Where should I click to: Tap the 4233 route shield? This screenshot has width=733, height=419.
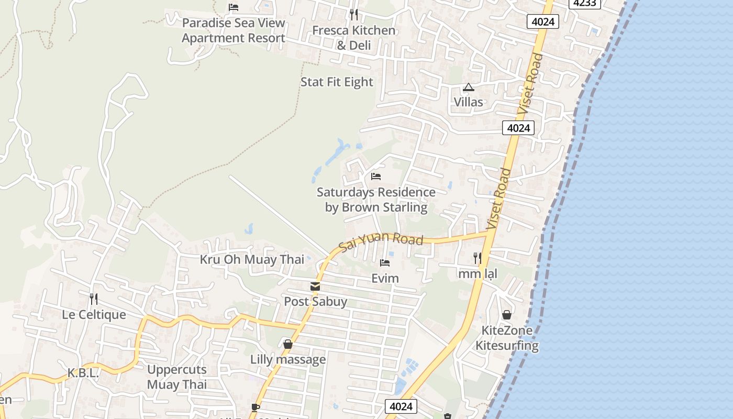[584, 3]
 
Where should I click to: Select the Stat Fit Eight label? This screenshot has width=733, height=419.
[337, 82]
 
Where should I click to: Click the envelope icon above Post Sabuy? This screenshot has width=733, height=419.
[315, 286]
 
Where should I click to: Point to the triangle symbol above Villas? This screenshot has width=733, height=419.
[468, 87]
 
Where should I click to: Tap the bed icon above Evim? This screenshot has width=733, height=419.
[385, 263]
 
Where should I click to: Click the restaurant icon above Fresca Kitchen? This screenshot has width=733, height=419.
[354, 14]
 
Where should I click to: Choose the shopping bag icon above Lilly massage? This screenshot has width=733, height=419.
[287, 344]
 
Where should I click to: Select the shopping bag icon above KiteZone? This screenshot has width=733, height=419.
[506, 315]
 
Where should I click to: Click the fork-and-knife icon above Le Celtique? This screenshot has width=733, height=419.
[94, 299]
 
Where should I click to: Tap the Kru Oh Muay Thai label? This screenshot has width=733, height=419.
[252, 260]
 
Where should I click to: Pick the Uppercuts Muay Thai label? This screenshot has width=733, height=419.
[177, 377]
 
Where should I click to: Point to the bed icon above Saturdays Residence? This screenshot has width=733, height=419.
[375, 177]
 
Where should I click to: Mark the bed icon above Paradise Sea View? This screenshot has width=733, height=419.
[234, 7]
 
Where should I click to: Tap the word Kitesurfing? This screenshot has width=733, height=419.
[507, 346]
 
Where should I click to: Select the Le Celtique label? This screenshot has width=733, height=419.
[94, 315]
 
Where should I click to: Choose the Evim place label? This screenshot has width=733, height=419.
[385, 278]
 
